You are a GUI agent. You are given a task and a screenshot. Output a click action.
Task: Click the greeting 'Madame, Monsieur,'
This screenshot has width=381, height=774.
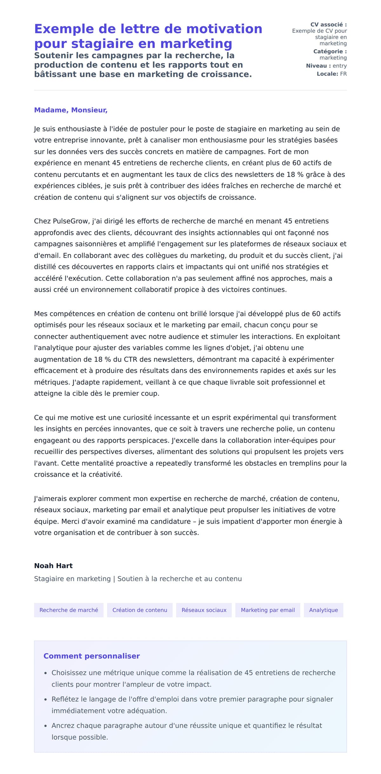[x=71, y=110]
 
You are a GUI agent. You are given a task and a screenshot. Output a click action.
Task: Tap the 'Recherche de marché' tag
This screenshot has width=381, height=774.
[x=69, y=610]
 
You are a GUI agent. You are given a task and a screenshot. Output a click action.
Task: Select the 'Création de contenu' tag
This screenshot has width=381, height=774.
[x=140, y=610]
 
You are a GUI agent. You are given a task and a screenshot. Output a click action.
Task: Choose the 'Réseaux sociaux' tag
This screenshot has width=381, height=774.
[x=204, y=610]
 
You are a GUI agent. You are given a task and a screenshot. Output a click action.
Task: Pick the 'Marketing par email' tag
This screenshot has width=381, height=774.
[x=268, y=610]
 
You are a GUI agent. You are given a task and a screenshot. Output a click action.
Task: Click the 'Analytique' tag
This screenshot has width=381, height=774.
[x=323, y=610]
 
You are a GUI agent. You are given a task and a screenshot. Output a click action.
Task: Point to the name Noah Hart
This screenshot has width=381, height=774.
[x=53, y=565]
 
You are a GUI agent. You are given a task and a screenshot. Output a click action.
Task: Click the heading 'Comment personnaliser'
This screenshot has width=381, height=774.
[x=91, y=656]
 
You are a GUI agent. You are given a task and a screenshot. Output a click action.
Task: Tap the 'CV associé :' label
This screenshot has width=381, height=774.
[x=328, y=24]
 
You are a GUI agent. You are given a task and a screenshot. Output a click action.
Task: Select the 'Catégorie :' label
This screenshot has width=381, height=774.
[x=330, y=51]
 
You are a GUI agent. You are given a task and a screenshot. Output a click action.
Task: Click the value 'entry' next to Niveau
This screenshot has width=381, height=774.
[x=339, y=66]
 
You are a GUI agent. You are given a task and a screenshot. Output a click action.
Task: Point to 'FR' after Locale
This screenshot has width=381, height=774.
[x=343, y=74]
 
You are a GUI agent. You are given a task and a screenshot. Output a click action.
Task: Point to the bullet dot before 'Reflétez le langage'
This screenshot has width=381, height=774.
[x=46, y=699]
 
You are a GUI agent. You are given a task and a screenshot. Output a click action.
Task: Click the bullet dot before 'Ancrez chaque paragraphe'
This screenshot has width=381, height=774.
[x=46, y=726]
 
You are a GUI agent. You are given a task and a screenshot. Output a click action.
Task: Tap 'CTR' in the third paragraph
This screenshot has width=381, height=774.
[x=130, y=359]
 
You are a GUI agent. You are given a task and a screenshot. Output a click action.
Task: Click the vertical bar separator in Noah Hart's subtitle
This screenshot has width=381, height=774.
[x=114, y=579]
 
